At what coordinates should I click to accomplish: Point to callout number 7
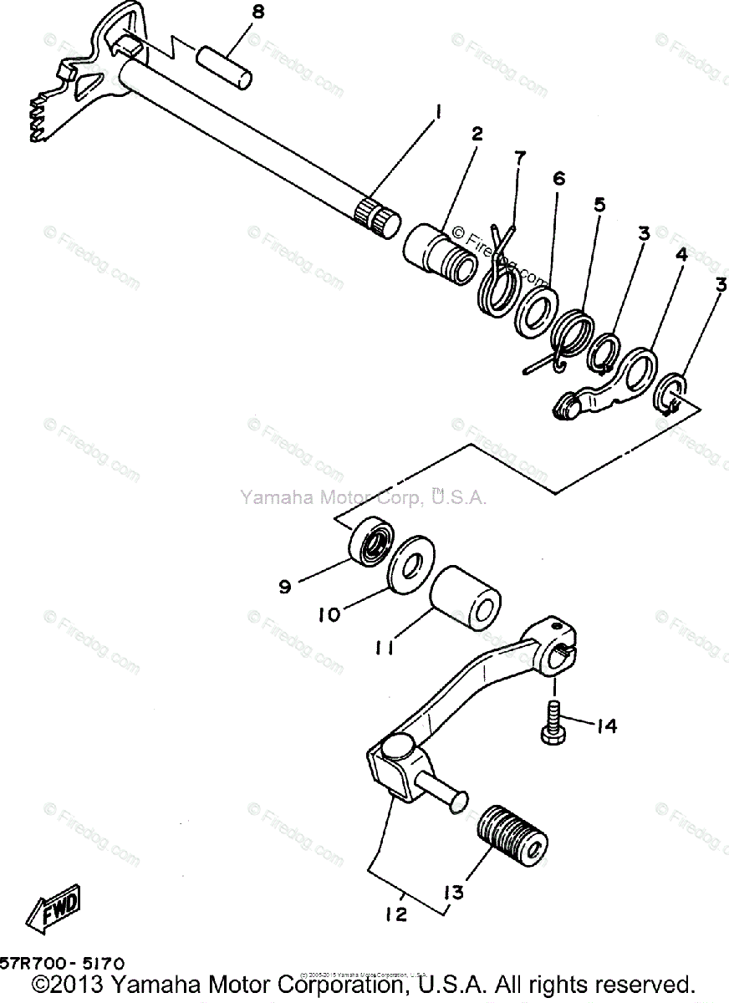click(519, 158)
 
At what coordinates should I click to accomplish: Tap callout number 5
click(599, 206)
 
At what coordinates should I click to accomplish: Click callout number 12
click(396, 914)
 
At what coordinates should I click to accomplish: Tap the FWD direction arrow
click(54, 909)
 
